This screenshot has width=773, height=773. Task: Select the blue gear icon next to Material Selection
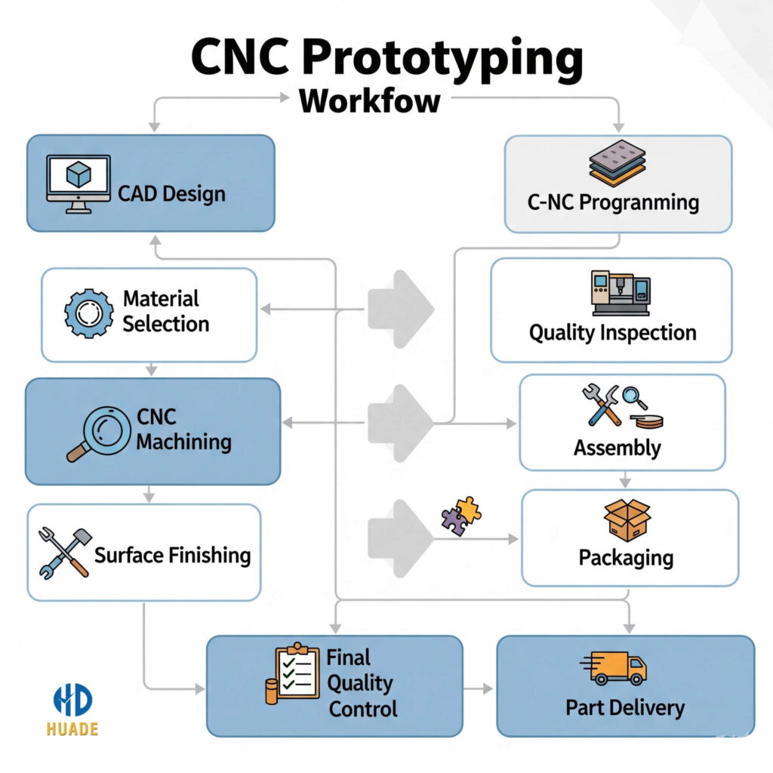89,313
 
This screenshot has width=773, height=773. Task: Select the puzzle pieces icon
461,516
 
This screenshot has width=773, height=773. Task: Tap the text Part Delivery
625,708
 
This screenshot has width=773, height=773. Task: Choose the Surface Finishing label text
172,556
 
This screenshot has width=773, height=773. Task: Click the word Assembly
617,448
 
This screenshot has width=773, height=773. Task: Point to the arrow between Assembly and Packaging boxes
624,480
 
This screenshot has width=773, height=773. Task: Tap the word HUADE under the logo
72,729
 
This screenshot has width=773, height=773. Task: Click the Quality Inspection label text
612,333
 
